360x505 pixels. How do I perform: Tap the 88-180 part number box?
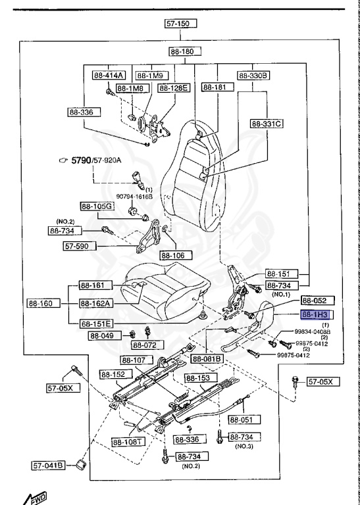[x=185, y=51]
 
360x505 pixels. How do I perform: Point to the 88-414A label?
[x=107, y=75]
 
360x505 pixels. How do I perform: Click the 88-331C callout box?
[x=267, y=123]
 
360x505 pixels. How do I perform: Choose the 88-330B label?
[x=253, y=75]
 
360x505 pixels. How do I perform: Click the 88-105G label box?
[x=97, y=206]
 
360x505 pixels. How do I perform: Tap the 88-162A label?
[x=96, y=304]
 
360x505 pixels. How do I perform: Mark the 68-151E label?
[x=96, y=323]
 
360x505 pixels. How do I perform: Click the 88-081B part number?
[x=207, y=359]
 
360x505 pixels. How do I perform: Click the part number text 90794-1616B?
[x=134, y=196]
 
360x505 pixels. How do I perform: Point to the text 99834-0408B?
[x=311, y=333]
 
